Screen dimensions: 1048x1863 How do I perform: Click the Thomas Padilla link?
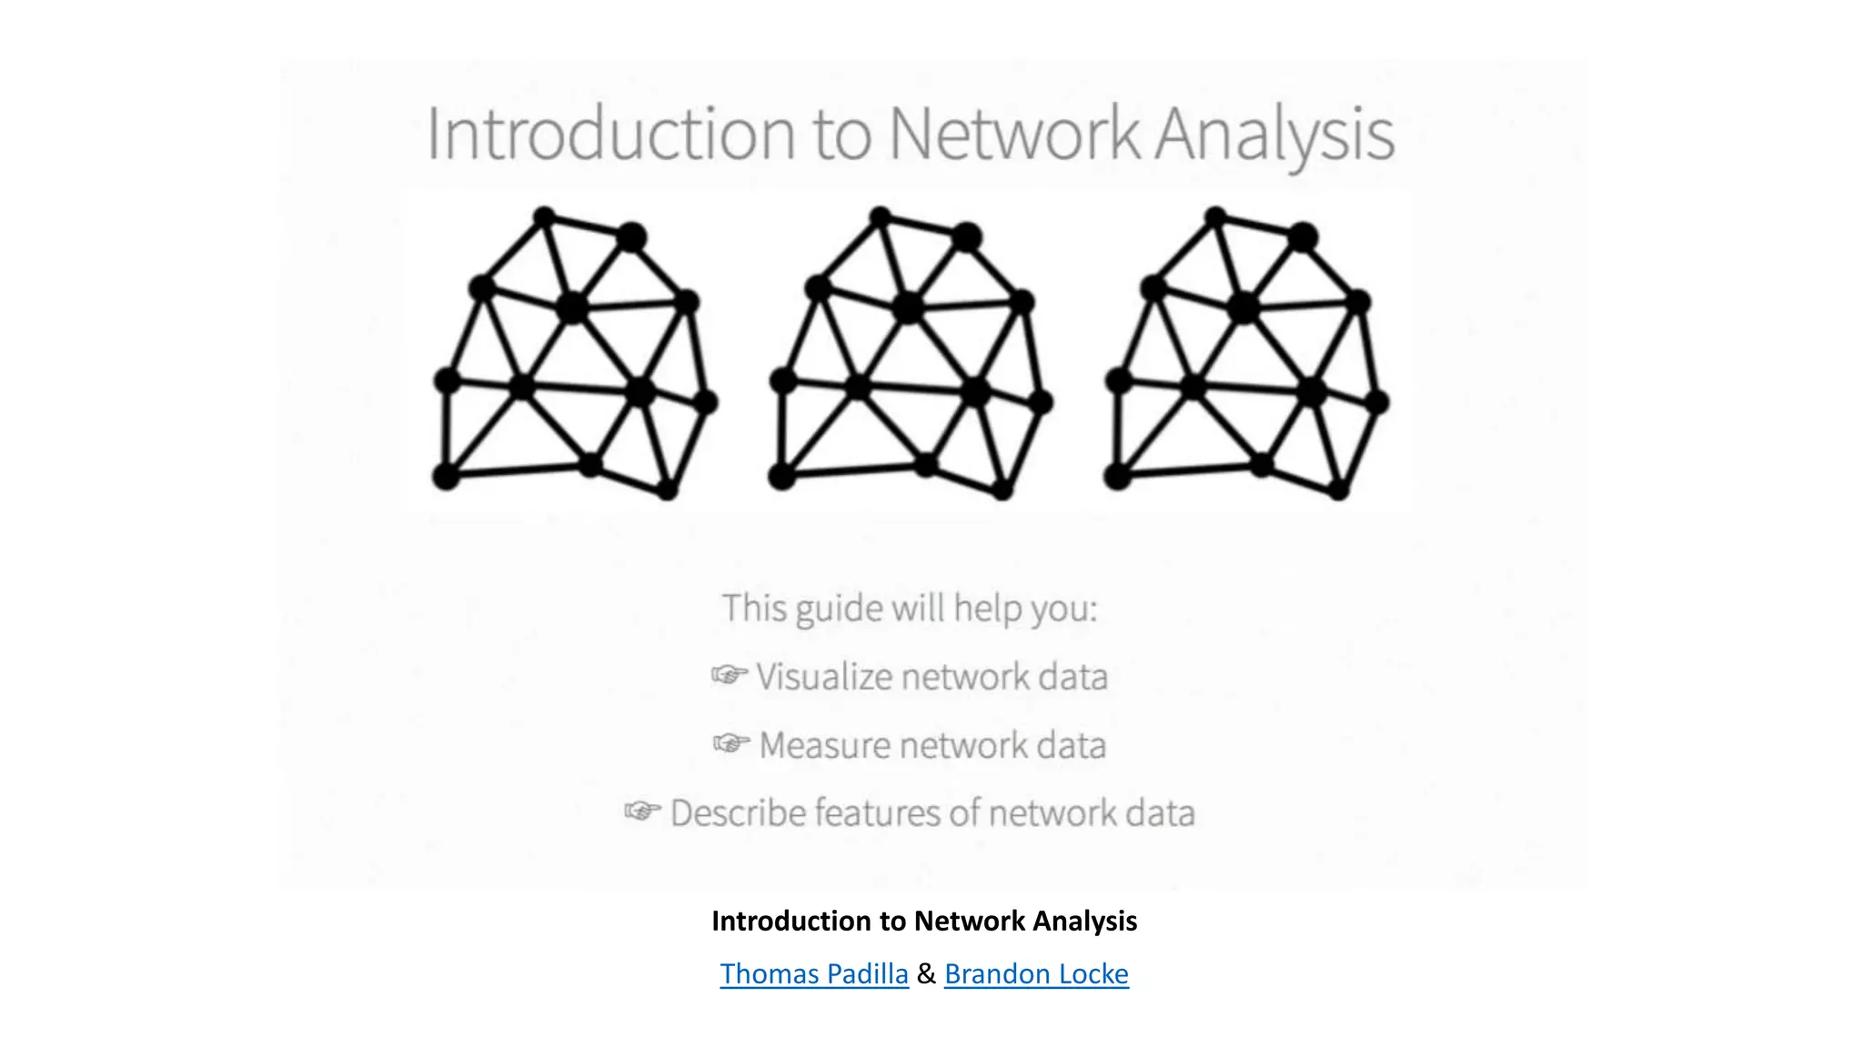coord(814,973)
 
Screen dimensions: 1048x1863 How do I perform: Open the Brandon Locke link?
coord(1036,973)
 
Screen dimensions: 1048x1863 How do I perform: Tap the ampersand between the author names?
coord(926,973)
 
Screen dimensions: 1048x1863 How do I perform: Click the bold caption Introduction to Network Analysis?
coord(924,921)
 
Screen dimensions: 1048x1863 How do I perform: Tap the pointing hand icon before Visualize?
coord(730,675)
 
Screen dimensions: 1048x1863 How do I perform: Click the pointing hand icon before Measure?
coord(731,743)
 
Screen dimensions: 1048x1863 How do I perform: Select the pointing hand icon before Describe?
coord(642,811)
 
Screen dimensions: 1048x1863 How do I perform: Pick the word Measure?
coord(825,745)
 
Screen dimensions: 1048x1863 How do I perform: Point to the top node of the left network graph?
coord(544,217)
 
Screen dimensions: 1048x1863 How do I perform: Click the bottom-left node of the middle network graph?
coord(781,475)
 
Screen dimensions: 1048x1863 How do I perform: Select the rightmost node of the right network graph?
coord(1377,401)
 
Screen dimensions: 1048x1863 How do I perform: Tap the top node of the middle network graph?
coord(880,217)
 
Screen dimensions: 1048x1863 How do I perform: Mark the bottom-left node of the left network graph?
coord(446,475)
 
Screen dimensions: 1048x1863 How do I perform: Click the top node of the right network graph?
coord(1215,217)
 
